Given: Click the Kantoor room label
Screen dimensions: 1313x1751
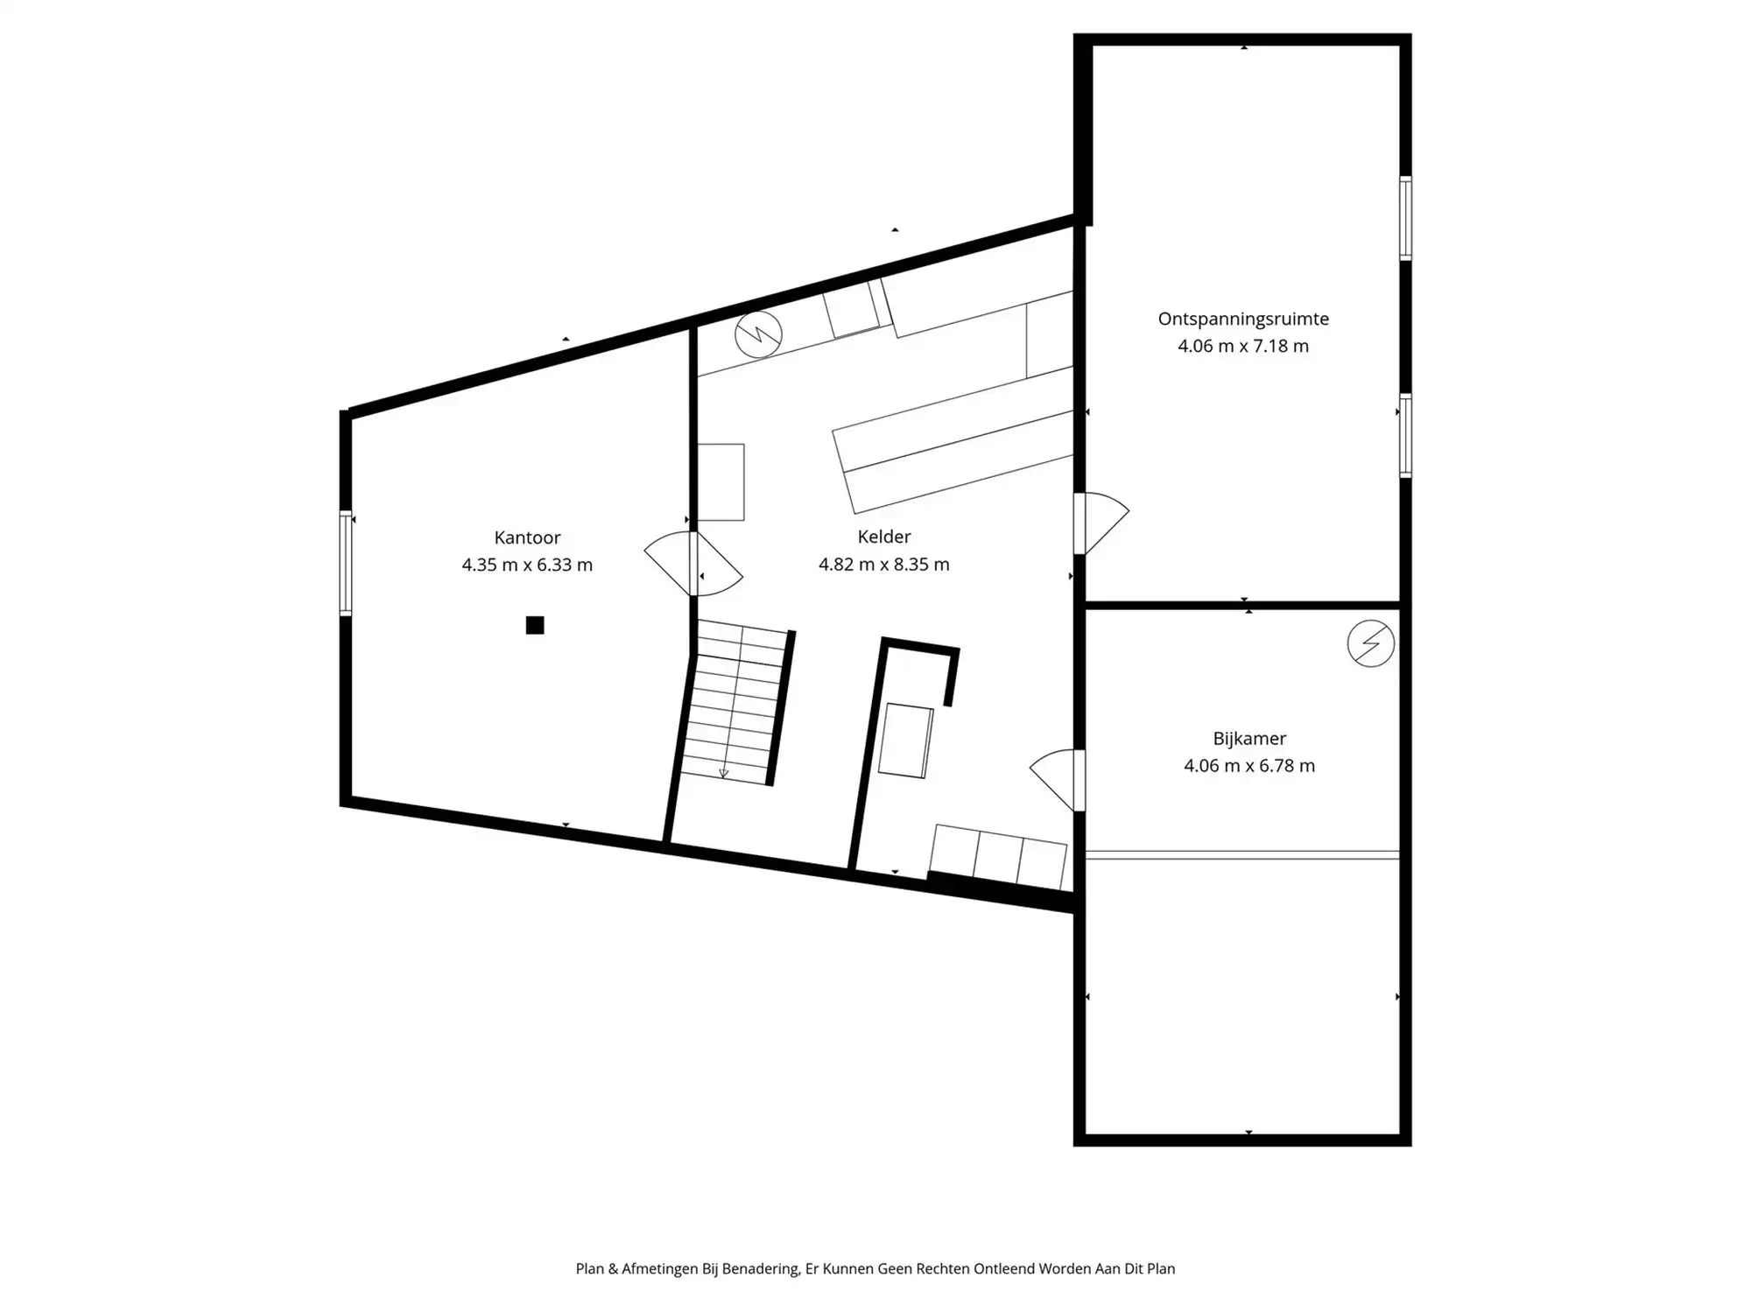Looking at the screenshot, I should pyautogui.click(x=527, y=537).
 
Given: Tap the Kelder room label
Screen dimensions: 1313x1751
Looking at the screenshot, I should pyautogui.click(x=884, y=537).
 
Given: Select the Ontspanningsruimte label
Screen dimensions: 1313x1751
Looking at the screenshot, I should pyautogui.click(x=1243, y=319).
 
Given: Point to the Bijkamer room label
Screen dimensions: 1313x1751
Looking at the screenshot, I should pyautogui.click(x=1249, y=739).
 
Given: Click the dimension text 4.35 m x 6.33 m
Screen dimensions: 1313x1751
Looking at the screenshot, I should pyautogui.click(x=527, y=565).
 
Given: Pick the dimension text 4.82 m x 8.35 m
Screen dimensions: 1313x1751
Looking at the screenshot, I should pyautogui.click(x=884, y=565).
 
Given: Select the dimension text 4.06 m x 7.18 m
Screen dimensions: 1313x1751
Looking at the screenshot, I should pyautogui.click(x=1243, y=346).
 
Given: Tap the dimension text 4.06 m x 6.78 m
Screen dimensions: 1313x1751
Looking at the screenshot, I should pyautogui.click(x=1249, y=766).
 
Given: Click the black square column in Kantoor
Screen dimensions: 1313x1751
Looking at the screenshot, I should pyautogui.click(x=535, y=625).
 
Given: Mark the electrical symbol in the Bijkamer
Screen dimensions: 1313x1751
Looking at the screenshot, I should pyautogui.click(x=1370, y=643).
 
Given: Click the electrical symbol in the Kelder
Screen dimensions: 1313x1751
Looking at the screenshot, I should pyautogui.click(x=758, y=334).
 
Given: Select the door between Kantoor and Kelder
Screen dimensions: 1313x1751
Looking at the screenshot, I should pyautogui.click(x=693, y=564).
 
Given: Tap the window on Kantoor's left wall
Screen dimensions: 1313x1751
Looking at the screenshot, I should pyautogui.click(x=346, y=563).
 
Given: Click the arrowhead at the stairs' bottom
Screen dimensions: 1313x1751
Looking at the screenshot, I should pyautogui.click(x=723, y=774).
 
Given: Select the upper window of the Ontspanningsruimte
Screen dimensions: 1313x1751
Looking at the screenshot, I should pyautogui.click(x=1405, y=218).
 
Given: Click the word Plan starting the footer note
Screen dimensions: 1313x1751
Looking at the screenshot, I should pyautogui.click(x=589, y=1268).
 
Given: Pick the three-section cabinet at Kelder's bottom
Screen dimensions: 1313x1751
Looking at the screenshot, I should pyautogui.click(x=998, y=857).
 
